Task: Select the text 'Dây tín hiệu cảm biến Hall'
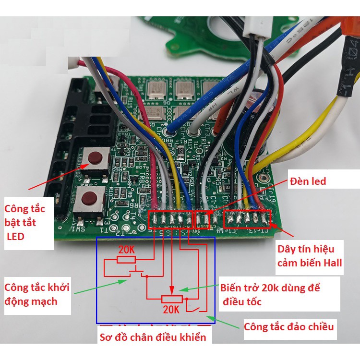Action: (310, 256)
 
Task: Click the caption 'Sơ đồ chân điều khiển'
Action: (154, 337)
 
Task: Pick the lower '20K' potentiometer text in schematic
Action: (170, 310)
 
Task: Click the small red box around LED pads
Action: (202, 219)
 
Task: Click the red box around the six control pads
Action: (170, 219)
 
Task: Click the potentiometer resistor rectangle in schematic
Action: (171, 299)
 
